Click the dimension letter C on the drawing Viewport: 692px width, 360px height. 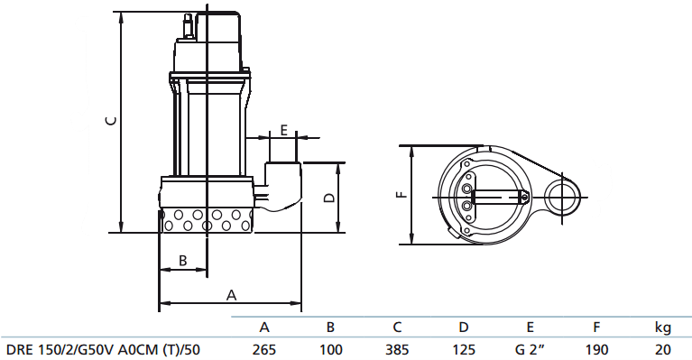112,120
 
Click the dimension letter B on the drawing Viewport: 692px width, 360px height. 183,260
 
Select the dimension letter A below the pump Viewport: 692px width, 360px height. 231,295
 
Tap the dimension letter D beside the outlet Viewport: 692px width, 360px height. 329,198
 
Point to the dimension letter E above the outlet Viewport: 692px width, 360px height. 284,130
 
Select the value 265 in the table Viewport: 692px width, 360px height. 264,350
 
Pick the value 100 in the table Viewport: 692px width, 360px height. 330,350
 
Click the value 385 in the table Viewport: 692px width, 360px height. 397,350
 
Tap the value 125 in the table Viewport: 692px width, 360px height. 464,350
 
